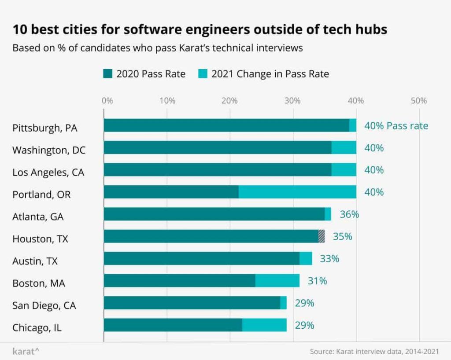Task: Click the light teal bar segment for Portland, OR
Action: click(x=297, y=192)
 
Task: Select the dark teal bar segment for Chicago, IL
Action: click(x=173, y=325)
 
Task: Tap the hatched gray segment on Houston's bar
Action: click(x=322, y=236)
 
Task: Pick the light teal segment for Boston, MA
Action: click(x=277, y=281)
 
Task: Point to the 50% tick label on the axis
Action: click(x=418, y=101)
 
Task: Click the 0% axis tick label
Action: click(x=107, y=101)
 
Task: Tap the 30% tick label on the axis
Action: click(x=292, y=101)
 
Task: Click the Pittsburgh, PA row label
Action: click(x=44, y=128)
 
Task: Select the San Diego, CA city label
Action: click(x=44, y=305)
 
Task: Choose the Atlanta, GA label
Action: click(x=38, y=217)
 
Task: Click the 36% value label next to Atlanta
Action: click(x=349, y=214)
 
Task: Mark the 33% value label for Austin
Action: click(x=329, y=259)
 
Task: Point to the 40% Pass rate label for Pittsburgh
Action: click(x=396, y=126)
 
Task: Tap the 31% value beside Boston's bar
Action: click(x=317, y=281)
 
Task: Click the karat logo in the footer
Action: click(x=26, y=351)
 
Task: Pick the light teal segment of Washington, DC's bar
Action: click(x=344, y=148)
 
